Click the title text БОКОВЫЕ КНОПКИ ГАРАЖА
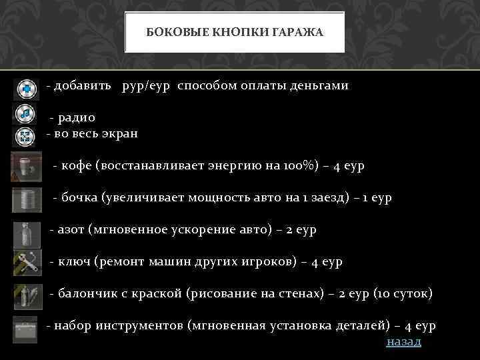[x=235, y=32]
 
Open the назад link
[x=404, y=341]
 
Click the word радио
[x=77, y=118]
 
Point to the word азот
[x=73, y=229]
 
